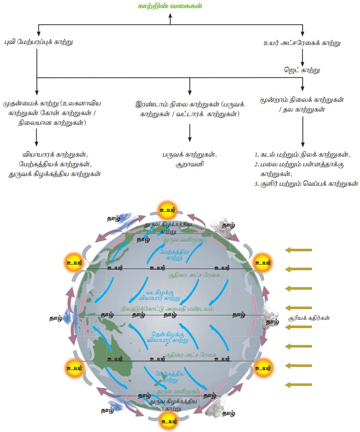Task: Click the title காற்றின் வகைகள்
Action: coord(170,6)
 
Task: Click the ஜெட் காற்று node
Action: coord(302,68)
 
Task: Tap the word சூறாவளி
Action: coord(190,165)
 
